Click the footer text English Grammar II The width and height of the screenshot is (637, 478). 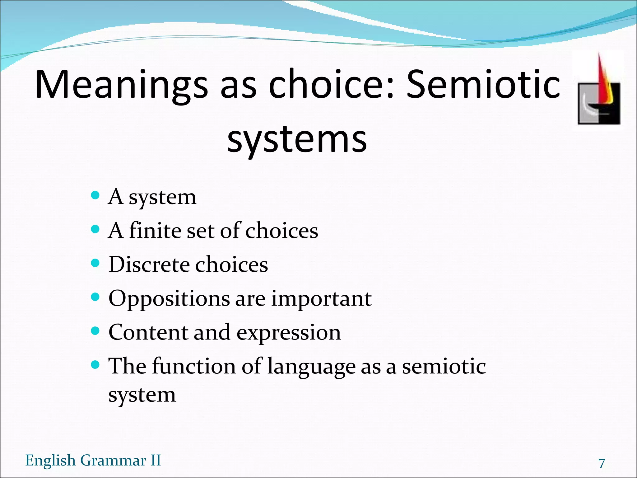coord(93,460)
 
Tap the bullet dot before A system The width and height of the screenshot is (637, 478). coord(95,196)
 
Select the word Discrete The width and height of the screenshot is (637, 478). coord(149,264)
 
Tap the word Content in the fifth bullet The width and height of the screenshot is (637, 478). coord(148,332)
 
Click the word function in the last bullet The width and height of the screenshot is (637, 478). coord(194,366)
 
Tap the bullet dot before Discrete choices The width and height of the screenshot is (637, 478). coord(95,263)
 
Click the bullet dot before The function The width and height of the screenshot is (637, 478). coord(95,364)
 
